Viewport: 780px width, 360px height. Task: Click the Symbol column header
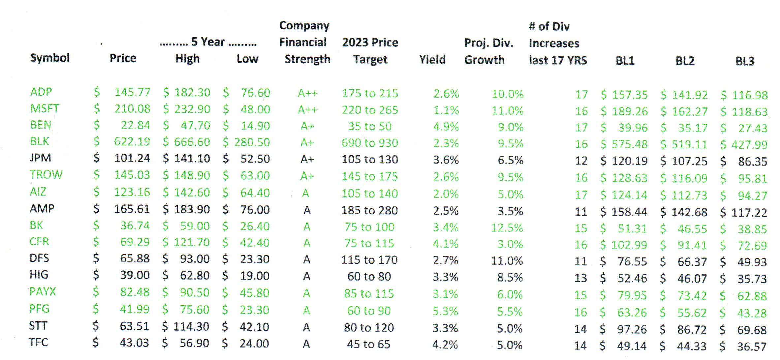point(50,58)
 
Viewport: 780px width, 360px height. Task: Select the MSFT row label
point(45,108)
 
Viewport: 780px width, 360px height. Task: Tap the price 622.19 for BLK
point(132,142)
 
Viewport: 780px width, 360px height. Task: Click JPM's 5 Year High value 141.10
point(192,159)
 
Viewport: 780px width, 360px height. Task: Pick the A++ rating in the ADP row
point(307,93)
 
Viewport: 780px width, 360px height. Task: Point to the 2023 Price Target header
point(370,51)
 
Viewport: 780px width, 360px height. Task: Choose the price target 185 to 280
point(369,210)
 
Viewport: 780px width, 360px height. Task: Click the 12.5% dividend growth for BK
point(507,227)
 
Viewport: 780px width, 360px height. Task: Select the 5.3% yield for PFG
point(445,311)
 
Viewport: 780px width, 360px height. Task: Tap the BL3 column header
point(745,61)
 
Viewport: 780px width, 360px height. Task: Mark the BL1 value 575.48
point(630,144)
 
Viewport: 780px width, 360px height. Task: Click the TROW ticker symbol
point(46,174)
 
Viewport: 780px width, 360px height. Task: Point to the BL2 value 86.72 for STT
point(692,330)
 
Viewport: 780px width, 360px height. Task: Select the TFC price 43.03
point(134,343)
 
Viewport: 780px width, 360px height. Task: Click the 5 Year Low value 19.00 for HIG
point(254,276)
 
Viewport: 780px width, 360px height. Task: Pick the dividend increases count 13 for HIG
point(580,278)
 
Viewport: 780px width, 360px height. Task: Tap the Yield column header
point(432,60)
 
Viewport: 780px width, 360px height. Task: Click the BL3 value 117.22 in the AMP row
point(749,213)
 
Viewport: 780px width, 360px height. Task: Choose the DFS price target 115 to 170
point(369,260)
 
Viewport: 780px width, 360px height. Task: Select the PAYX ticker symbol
point(43,292)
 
